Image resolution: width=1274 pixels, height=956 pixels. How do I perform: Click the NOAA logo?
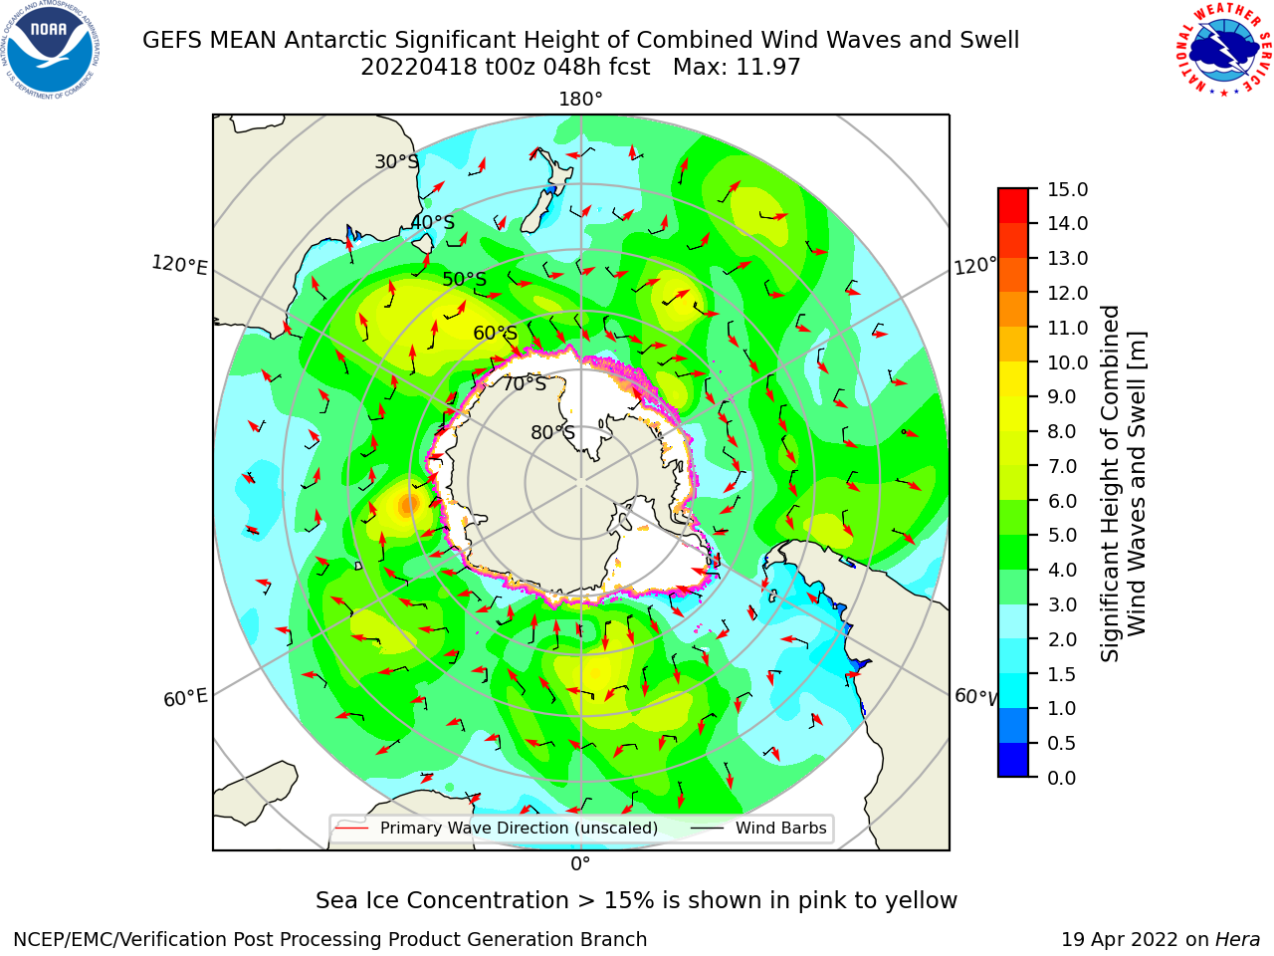(x=50, y=50)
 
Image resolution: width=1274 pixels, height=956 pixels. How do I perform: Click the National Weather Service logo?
(x=1223, y=50)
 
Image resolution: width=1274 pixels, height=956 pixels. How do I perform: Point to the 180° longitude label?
(x=580, y=100)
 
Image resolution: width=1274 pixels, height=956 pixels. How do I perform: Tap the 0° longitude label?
(x=580, y=864)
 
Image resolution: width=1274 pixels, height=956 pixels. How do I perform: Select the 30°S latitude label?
(x=396, y=161)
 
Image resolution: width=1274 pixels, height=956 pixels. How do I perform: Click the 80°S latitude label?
(x=552, y=432)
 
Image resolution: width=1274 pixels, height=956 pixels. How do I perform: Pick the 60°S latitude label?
(x=495, y=333)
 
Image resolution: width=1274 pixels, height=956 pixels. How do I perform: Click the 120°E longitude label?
(x=179, y=265)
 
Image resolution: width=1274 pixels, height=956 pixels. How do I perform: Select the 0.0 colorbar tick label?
(x=1062, y=778)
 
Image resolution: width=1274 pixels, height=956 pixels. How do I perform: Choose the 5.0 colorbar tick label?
(x=1062, y=535)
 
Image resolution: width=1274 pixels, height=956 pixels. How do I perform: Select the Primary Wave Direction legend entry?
(x=497, y=828)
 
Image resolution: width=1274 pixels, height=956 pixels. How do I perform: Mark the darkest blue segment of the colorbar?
(x=1013, y=759)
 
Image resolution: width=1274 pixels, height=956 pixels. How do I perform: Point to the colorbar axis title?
(x=1123, y=484)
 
